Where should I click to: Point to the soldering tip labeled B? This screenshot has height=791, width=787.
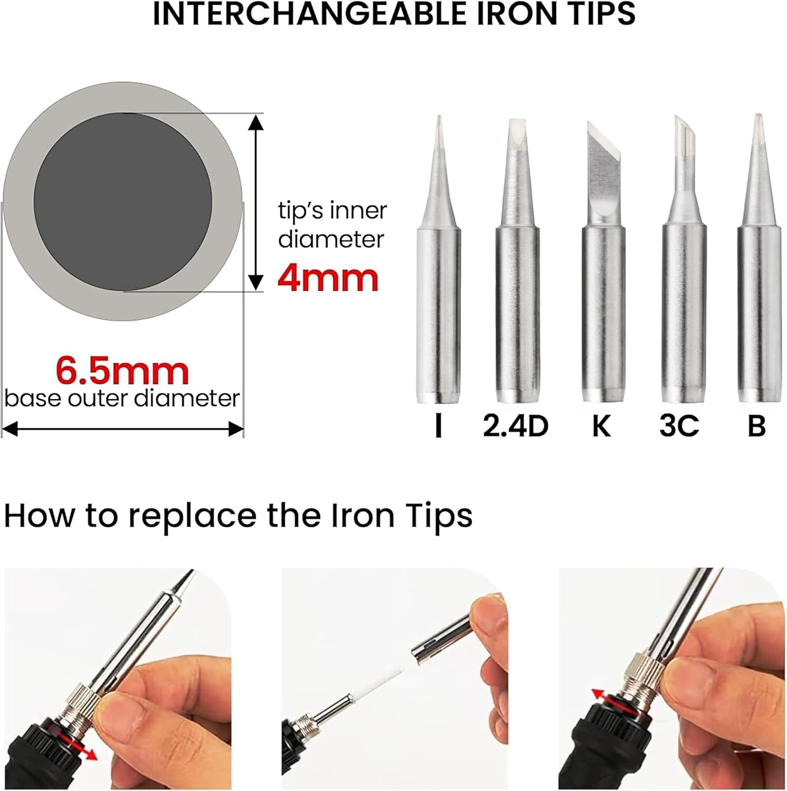(x=757, y=258)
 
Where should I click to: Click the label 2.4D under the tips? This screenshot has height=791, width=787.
(x=516, y=426)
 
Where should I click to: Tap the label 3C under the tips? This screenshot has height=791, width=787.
(x=679, y=426)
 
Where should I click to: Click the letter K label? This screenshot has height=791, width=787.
(x=601, y=426)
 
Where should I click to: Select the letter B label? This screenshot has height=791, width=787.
(x=756, y=426)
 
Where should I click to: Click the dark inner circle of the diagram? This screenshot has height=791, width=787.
(x=123, y=201)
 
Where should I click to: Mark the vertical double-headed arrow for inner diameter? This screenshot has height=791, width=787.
(x=256, y=201)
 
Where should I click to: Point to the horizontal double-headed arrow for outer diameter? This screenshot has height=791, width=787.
(x=123, y=429)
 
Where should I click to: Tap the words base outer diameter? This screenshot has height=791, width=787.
(x=122, y=398)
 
